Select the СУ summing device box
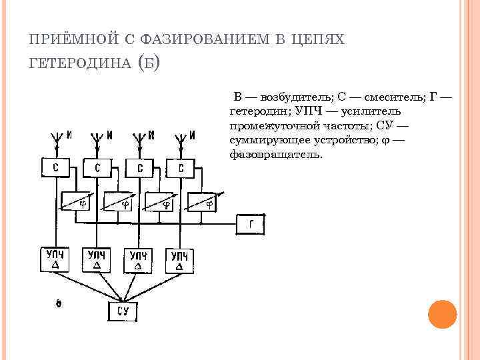click(x=122, y=311)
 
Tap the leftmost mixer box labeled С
click(x=55, y=169)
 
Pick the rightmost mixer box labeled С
click(x=181, y=169)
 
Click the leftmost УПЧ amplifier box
click(x=55, y=259)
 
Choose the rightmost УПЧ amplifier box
click(x=181, y=261)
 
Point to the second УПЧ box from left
click(x=97, y=260)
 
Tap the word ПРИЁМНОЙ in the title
click(x=64, y=39)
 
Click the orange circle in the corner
click(x=441, y=313)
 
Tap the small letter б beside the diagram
click(x=58, y=304)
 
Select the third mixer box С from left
click(x=140, y=169)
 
